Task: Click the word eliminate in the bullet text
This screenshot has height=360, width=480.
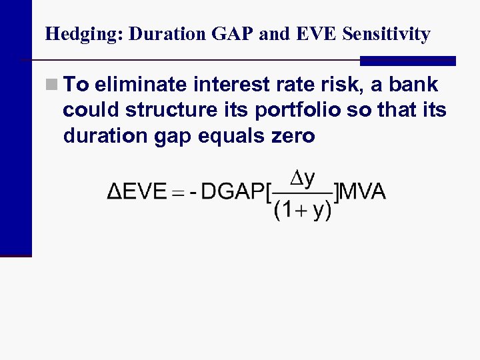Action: tap(141, 85)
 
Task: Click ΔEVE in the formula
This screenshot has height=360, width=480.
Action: tap(136, 193)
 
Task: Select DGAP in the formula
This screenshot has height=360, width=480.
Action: tap(231, 193)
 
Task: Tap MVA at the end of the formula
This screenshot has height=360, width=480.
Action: tap(363, 193)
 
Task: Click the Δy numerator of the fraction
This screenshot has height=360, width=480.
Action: tap(303, 179)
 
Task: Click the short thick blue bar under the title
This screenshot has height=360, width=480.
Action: tap(407, 61)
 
